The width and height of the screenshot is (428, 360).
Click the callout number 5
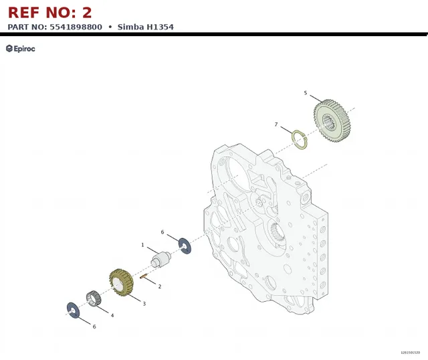306,93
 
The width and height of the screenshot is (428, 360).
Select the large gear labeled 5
332,121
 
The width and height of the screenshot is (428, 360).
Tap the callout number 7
276,124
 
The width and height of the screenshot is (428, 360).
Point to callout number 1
142,245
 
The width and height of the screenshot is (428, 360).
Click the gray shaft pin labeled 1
160,259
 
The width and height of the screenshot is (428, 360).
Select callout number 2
160,286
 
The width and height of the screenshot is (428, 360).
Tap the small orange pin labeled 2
144,276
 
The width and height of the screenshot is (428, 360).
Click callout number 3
144,304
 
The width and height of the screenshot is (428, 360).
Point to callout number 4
112,315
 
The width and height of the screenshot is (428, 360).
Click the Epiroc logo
21,49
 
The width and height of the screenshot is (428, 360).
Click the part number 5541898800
76,27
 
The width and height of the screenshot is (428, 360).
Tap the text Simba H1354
146,27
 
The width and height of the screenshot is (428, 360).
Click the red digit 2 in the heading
87,13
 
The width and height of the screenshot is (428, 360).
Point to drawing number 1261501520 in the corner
410,353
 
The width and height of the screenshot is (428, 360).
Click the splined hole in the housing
278,232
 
